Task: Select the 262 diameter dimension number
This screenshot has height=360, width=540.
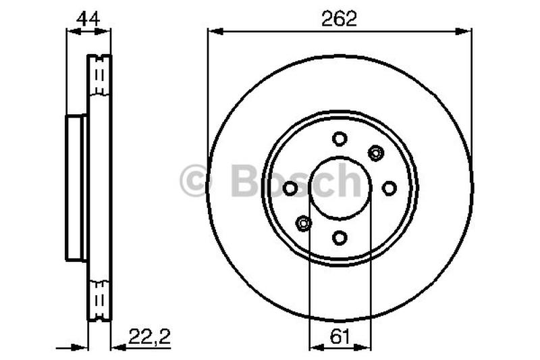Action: [x=340, y=19]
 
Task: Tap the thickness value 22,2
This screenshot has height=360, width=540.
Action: [x=146, y=334]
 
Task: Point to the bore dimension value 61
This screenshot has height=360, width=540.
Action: [x=340, y=334]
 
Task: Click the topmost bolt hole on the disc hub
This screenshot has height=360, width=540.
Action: [x=340, y=138]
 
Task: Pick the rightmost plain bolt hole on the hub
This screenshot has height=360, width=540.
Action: [x=389, y=188]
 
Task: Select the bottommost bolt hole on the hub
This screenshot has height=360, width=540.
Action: [x=340, y=237]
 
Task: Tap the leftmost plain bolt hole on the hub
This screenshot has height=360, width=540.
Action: [x=290, y=188]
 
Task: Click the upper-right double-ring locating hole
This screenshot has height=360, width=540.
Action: [x=375, y=153]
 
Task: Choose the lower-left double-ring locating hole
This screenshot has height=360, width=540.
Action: [x=304, y=223]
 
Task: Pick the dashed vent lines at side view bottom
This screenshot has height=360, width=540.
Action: [x=100, y=297]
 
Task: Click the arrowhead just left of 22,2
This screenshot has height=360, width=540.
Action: [x=117, y=347]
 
